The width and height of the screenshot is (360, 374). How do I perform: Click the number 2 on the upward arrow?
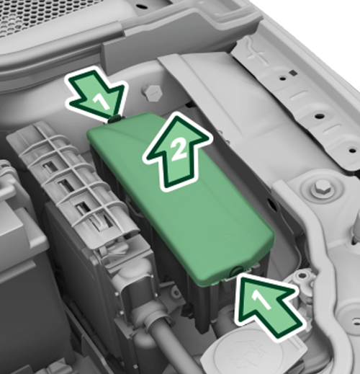tap(180, 150)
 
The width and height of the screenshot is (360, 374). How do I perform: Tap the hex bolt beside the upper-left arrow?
tap(152, 92)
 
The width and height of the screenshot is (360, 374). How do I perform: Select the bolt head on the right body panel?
tap(321, 189)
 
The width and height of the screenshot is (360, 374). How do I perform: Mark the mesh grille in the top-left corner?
tap(29, 18)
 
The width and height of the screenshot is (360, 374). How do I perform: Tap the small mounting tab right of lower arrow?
tap(302, 277)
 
